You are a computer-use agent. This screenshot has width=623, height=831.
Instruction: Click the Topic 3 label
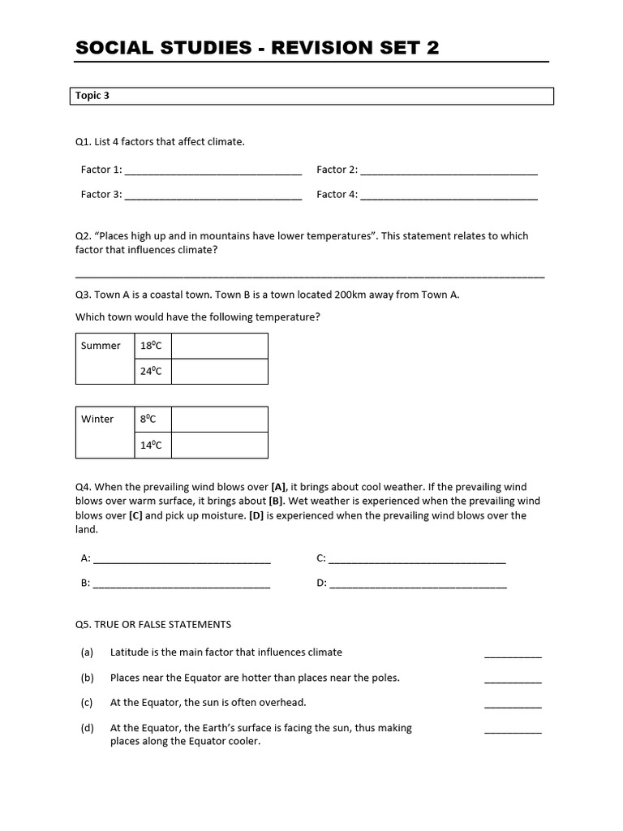92,96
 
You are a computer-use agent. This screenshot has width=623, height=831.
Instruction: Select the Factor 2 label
336,170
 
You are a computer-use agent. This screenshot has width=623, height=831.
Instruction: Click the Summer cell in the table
101,347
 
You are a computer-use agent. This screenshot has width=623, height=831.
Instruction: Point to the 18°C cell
152,347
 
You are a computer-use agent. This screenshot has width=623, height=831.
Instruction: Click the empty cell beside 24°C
219,372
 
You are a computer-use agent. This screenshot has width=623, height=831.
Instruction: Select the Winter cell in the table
98,420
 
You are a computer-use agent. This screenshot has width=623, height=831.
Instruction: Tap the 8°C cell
148,420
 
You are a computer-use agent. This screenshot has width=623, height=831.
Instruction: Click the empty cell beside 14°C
219,446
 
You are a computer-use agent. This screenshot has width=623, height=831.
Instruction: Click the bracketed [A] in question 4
279,488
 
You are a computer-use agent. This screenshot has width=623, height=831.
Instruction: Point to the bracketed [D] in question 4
256,515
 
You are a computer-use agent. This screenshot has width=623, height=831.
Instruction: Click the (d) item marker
88,728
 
